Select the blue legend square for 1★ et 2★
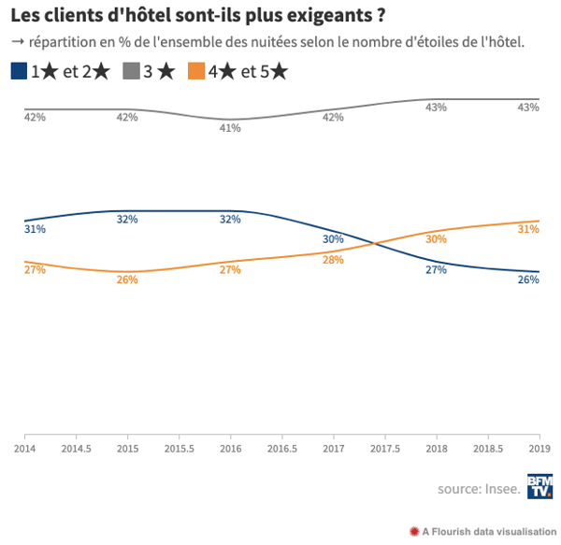[x=20, y=71]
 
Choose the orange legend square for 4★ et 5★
[x=195, y=71]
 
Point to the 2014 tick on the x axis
[x=24, y=449]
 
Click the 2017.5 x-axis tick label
[x=385, y=449]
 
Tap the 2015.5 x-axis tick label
[x=179, y=449]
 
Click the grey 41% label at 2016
[x=230, y=128]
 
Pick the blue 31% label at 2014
[x=35, y=229]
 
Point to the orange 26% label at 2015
[x=127, y=280]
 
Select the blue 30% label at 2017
[x=333, y=239]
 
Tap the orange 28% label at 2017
[x=333, y=260]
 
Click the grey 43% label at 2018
[x=436, y=108]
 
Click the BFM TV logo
[x=539, y=487]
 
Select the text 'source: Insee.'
[x=478, y=489]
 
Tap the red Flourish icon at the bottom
[x=414, y=531]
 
